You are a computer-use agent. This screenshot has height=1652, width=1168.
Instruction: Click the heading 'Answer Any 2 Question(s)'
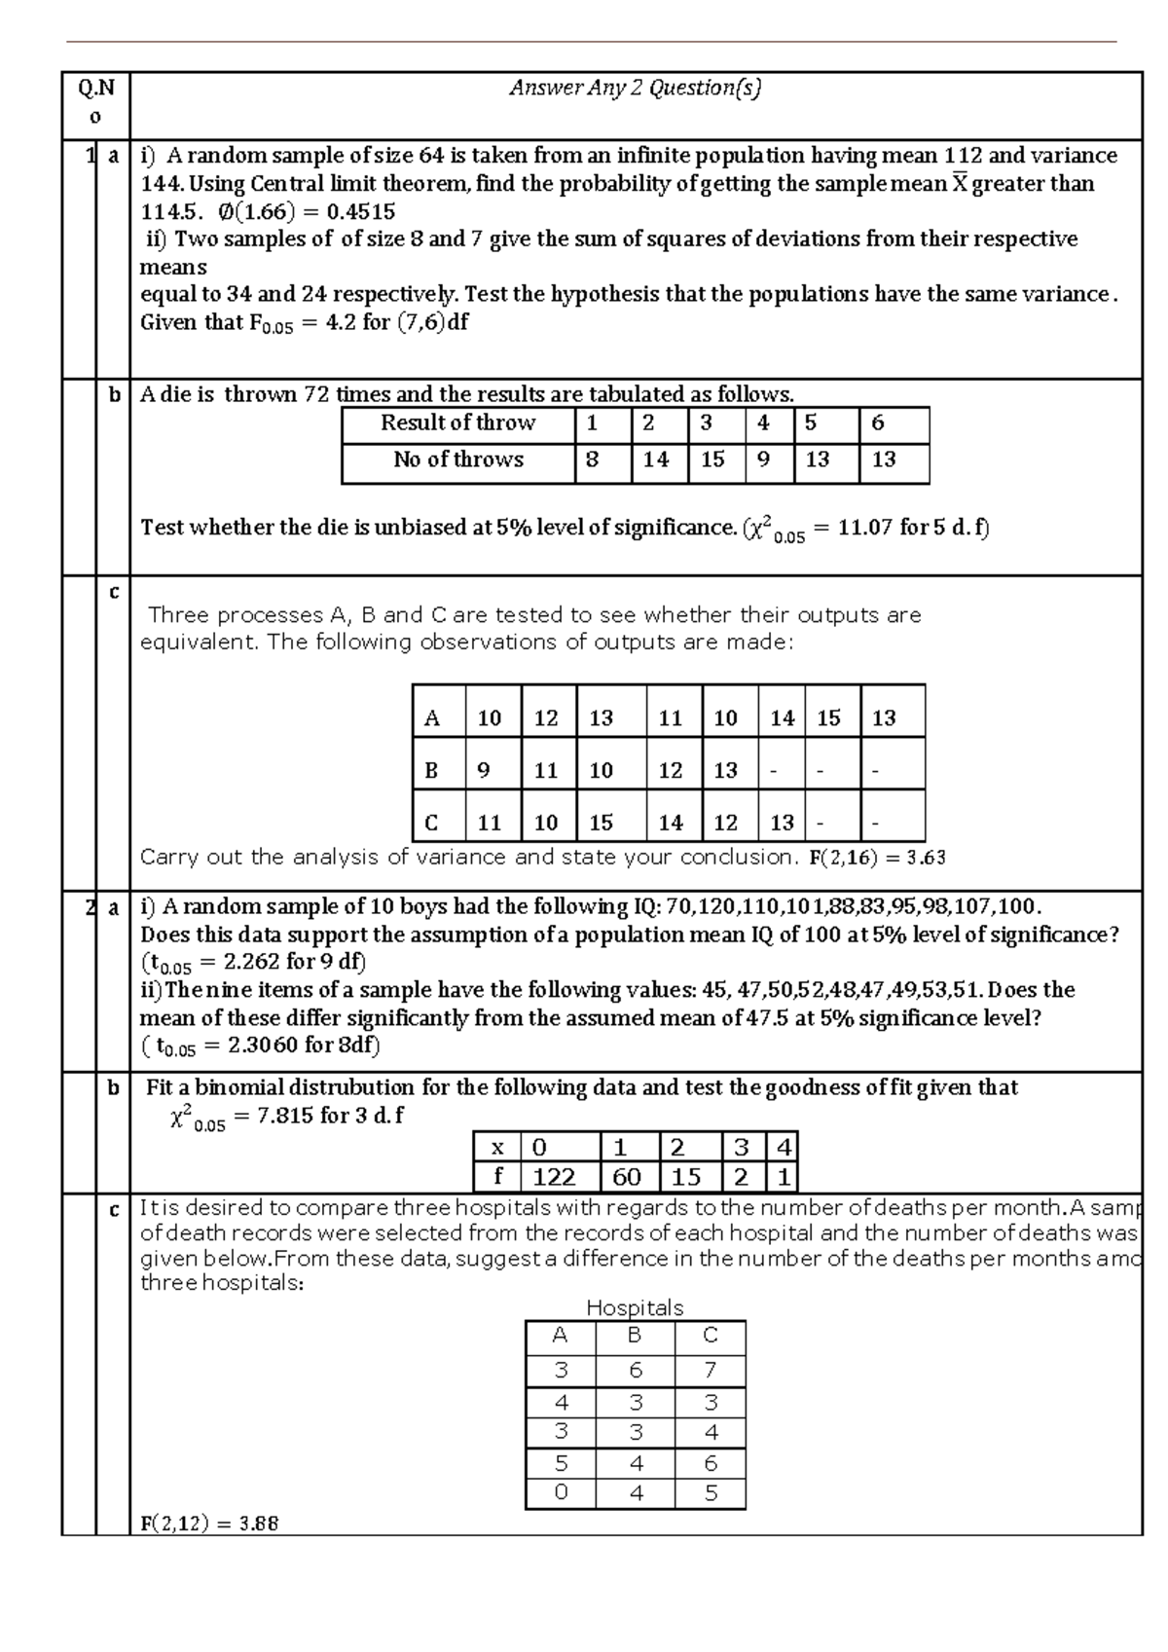tap(635, 89)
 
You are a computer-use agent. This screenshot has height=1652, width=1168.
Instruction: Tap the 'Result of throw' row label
tap(457, 422)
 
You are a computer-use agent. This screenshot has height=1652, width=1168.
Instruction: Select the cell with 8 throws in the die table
tap(592, 459)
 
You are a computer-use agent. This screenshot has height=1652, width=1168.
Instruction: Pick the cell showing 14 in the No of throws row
tap(656, 459)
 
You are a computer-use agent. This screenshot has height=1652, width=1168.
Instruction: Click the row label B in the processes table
tap(431, 771)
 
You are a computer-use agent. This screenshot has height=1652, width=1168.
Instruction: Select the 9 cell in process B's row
tap(484, 771)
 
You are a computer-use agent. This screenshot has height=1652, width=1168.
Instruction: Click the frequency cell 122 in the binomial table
tap(554, 1177)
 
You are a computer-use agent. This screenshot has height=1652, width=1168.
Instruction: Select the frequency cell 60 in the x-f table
tap(626, 1177)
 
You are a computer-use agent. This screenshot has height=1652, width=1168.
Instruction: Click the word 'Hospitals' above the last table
tap(635, 1307)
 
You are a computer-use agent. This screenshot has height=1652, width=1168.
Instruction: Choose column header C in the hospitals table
tap(710, 1335)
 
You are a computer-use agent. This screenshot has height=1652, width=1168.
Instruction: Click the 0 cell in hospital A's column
tap(560, 1492)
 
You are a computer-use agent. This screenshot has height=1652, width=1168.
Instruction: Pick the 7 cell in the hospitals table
tap(710, 1370)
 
